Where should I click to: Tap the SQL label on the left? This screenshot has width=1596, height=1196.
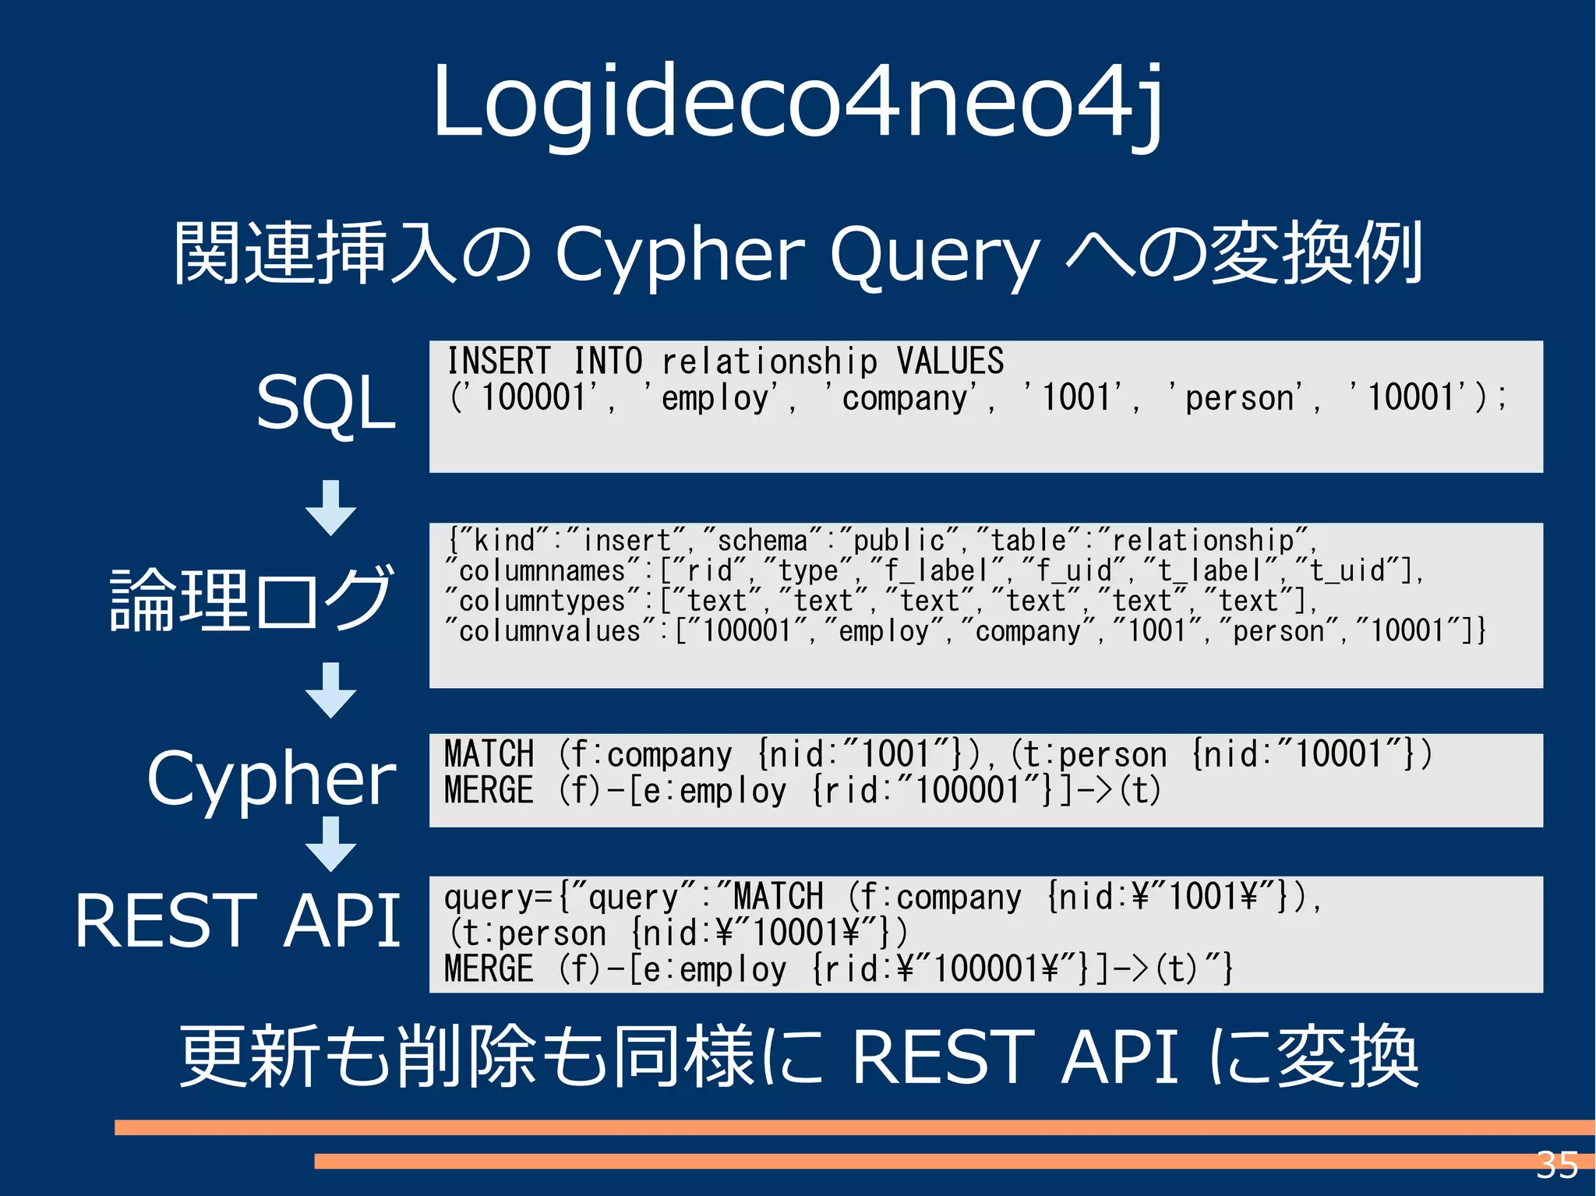point(326,403)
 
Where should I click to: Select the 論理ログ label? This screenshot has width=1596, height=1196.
point(251,598)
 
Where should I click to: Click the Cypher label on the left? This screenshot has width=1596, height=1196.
point(271,778)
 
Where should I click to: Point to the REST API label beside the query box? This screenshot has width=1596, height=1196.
point(238,921)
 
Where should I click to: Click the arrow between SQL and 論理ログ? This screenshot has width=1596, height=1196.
point(330,507)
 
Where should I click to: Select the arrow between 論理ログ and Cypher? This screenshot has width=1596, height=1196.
point(330,690)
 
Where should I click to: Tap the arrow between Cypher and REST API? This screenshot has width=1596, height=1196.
point(330,844)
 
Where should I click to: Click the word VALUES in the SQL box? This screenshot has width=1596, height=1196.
point(949,362)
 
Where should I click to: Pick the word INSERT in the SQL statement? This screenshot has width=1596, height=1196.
point(498,362)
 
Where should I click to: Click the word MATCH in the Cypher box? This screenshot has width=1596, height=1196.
point(489,754)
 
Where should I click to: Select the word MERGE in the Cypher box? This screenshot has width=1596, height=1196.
point(489,790)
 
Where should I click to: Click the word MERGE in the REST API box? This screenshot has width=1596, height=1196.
point(489,969)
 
